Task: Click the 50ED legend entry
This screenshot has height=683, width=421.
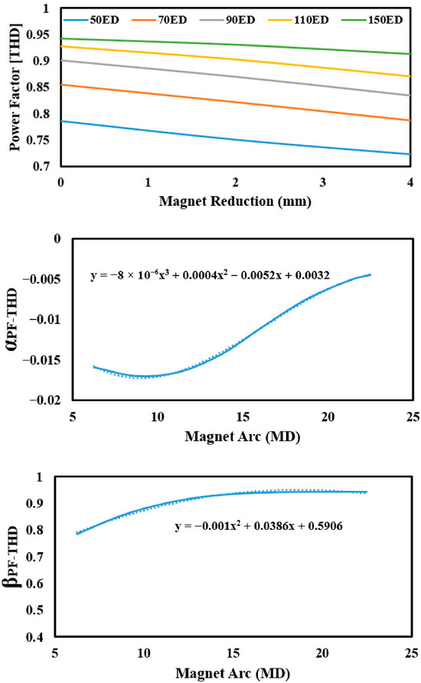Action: pos(91,20)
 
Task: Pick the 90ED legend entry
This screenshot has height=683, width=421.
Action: pos(227,20)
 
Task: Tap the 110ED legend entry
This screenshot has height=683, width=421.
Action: pos(299,20)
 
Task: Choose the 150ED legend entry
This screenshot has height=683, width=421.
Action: pos(372,20)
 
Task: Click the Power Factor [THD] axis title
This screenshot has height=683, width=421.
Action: pos(15,87)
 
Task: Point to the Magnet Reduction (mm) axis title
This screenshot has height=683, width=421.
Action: pos(235,201)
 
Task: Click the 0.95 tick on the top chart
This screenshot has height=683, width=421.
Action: pos(38,34)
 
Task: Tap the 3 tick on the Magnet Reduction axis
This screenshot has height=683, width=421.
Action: pos(322,182)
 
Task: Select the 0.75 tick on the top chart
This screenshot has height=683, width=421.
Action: pos(38,140)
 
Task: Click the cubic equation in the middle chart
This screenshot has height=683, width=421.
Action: pos(210,275)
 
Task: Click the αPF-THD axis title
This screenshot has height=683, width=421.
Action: pos(12,319)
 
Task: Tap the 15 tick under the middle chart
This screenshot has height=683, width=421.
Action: pos(243,417)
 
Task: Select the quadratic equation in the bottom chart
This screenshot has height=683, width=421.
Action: pos(259,526)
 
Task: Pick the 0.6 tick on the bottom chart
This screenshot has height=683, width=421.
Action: pos(35,583)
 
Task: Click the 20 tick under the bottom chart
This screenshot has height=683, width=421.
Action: pos(322,653)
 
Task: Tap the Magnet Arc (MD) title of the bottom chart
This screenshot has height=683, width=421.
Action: pos(233,673)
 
